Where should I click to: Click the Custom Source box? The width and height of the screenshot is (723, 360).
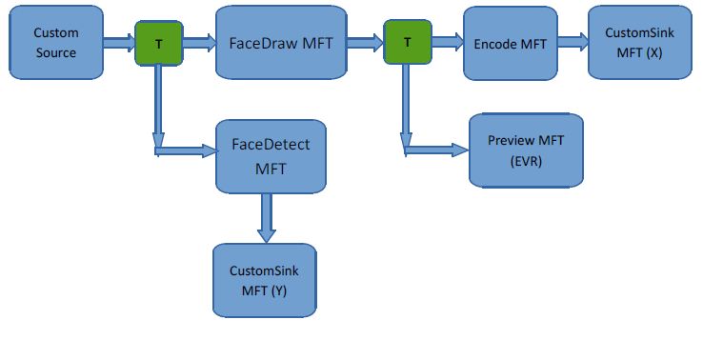pyautogui.click(x=55, y=42)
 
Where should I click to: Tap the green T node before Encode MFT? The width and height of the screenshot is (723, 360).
pyautogui.click(x=407, y=43)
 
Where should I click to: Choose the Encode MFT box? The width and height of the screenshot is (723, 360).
pyautogui.click(x=509, y=43)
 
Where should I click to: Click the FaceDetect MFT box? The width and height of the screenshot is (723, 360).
pyautogui.click(x=271, y=155)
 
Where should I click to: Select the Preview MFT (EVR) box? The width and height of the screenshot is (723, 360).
pyautogui.click(x=525, y=150)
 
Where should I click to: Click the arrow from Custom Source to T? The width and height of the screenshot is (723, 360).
pyautogui.click(x=118, y=42)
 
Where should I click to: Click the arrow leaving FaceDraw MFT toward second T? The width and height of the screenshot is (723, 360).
pyautogui.click(x=364, y=42)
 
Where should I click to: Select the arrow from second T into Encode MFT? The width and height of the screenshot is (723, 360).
pyautogui.click(x=447, y=42)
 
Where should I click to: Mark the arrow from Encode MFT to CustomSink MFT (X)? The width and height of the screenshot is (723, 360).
pyautogui.click(x=572, y=42)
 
